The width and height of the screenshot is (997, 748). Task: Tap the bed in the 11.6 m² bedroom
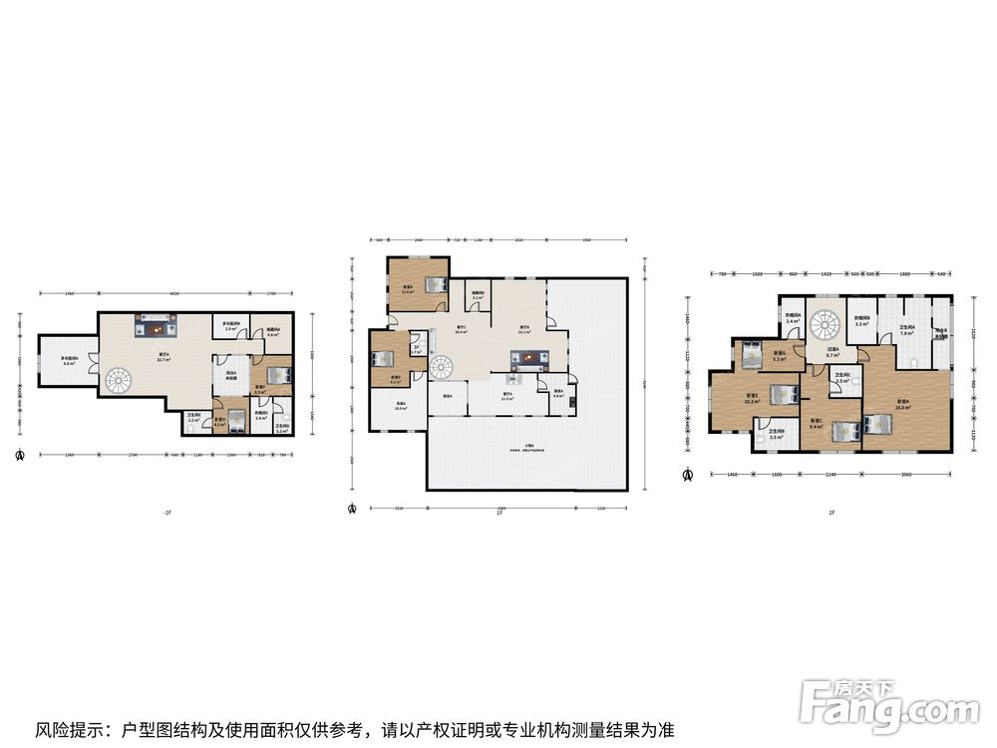tap(436, 282)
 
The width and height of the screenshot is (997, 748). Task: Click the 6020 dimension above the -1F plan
tap(174, 293)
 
